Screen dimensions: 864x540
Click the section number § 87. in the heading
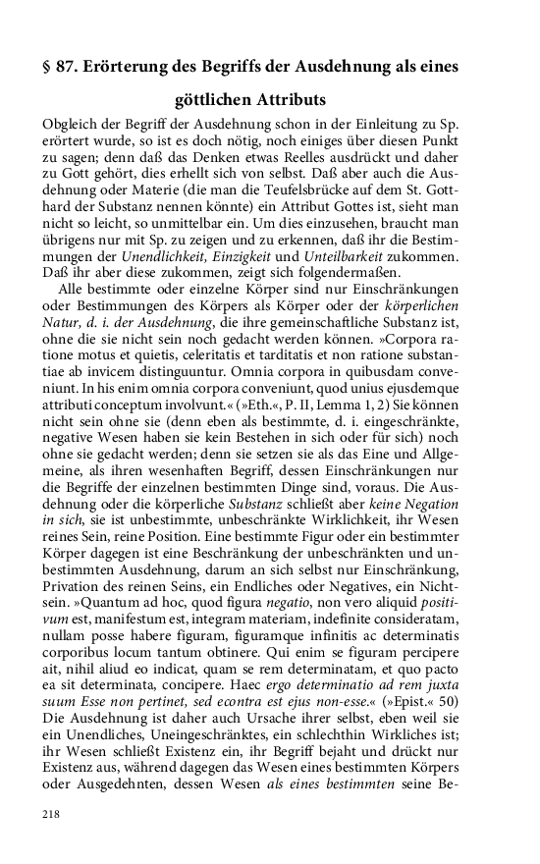[61, 67]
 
